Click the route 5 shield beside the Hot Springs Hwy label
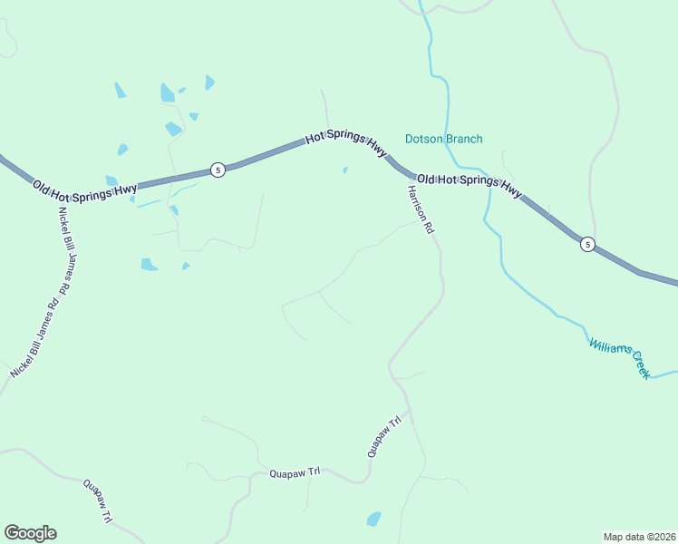pyautogui.click(x=218, y=170)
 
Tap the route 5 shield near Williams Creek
pyautogui.click(x=587, y=244)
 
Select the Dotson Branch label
pyautogui.click(x=443, y=139)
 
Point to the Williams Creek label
pyautogui.click(x=619, y=357)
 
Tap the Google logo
pyautogui.click(x=30, y=533)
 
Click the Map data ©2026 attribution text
pyautogui.click(x=639, y=536)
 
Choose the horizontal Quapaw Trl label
pyautogui.click(x=295, y=472)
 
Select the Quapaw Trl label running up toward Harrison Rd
pyautogui.click(x=383, y=436)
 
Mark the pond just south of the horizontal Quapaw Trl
pyautogui.click(x=373, y=519)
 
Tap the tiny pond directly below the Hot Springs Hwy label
pyautogui.click(x=344, y=170)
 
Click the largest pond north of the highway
pyautogui.click(x=168, y=92)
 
